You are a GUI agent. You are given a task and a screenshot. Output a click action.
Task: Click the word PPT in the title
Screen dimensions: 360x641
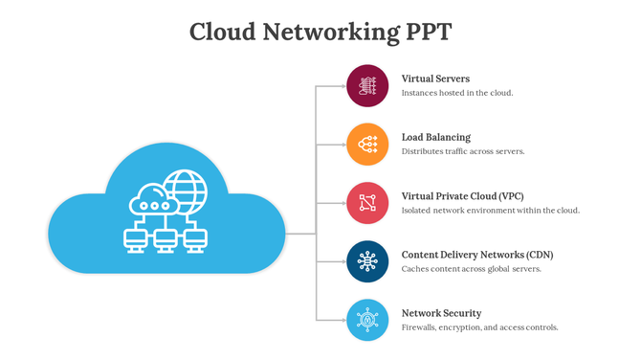[x=423, y=32]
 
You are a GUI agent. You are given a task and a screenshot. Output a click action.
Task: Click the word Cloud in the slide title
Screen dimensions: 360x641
[x=222, y=32]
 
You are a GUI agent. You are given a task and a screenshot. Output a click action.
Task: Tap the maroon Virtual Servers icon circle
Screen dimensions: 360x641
[x=367, y=86]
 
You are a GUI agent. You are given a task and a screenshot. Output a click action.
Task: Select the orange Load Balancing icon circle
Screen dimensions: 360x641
[x=367, y=145]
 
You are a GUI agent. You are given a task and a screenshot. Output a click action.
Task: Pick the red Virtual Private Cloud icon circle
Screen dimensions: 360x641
[x=367, y=203]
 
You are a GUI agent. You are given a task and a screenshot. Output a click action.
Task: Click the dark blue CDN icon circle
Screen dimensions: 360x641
[x=367, y=261]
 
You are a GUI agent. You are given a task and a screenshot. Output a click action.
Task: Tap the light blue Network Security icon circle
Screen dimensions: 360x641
[x=367, y=320]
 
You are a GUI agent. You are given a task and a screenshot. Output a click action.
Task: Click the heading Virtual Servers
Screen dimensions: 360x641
[x=435, y=79]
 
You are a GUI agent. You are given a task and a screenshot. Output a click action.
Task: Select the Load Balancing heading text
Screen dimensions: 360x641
[x=436, y=137]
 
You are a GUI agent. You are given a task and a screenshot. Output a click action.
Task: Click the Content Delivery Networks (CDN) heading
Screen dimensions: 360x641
[x=477, y=255]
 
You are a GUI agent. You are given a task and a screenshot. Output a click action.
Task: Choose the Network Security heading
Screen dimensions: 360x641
[x=441, y=313]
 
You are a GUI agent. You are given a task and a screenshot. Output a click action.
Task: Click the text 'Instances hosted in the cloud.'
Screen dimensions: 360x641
[x=457, y=94]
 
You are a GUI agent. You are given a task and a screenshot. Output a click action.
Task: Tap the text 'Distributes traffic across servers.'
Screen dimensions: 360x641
[x=463, y=151]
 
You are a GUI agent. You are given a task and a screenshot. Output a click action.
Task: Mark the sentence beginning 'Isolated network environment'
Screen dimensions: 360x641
[x=491, y=211]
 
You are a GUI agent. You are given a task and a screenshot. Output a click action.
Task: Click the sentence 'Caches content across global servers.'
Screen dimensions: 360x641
[x=472, y=269]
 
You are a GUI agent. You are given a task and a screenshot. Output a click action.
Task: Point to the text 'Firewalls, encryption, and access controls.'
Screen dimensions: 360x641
[x=479, y=327]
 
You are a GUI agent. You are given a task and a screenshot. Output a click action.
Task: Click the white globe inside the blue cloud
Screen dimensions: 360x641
[x=185, y=192]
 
